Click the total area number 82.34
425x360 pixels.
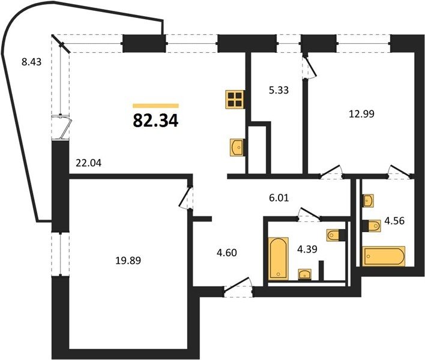pyautogui.click(x=155, y=121)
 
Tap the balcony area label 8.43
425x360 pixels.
pyautogui.click(x=31, y=62)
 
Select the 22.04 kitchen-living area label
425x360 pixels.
pyautogui.click(x=88, y=163)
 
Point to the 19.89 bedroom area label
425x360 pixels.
pyautogui.click(x=128, y=260)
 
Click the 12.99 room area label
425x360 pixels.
pyautogui.click(x=361, y=114)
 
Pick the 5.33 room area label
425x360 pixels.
pyautogui.click(x=279, y=90)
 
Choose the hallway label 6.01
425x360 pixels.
pyautogui.click(x=279, y=198)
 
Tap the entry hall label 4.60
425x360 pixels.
pyautogui.click(x=227, y=253)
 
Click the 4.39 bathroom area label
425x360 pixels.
pyautogui.click(x=307, y=249)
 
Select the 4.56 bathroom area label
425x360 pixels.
pyautogui.click(x=394, y=221)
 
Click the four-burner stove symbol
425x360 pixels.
pyautogui.click(x=235, y=100)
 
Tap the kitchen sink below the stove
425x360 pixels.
pyautogui.click(x=237, y=148)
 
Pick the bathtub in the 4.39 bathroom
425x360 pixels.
pyautogui.click(x=278, y=258)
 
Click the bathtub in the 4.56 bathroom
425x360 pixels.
pyautogui.click(x=384, y=256)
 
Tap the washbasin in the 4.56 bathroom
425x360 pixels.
pyautogui.click(x=369, y=201)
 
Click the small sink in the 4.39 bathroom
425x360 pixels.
pyautogui.click(x=305, y=274)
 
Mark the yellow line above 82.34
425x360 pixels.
pyautogui.click(x=155, y=106)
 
